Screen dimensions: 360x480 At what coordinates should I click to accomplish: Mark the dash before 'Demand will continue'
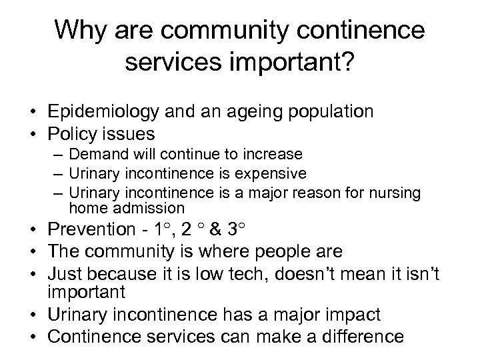[x=61, y=155]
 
